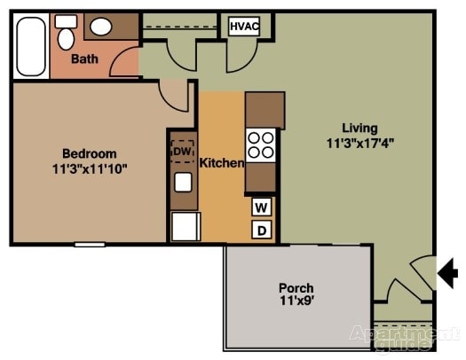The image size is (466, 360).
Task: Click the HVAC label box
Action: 243,27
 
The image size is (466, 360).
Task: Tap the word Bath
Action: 85,60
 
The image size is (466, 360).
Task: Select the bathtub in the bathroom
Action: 30,45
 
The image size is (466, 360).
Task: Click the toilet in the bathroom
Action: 66,34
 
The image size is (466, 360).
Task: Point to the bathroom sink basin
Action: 101,27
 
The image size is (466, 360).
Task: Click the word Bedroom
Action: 89,153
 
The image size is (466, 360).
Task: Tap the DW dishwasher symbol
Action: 182,152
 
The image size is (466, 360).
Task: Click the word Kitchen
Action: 221,163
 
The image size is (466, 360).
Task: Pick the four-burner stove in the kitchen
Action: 261,145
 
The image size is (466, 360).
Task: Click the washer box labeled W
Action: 262,207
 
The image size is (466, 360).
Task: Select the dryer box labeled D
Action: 262,231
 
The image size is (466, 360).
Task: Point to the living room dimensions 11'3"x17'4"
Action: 360,142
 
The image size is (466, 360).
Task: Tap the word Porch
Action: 296,288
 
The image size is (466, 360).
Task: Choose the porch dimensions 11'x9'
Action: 296,302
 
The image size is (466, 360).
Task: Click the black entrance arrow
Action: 448,273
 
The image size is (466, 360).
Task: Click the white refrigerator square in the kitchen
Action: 186,227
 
